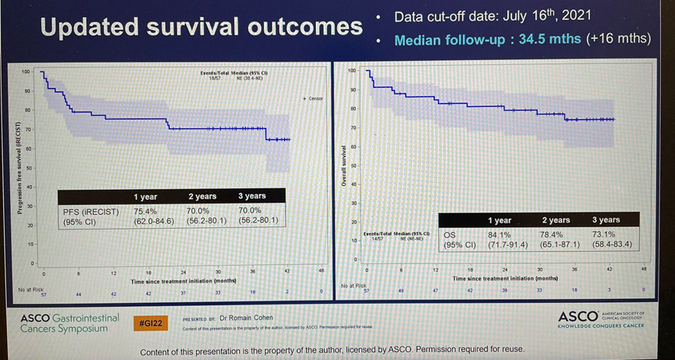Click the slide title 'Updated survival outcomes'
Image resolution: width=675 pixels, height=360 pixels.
(x=201, y=28)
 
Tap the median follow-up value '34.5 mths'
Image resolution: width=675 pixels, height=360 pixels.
(x=549, y=39)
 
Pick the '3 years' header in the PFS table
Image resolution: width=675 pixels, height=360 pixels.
(x=251, y=196)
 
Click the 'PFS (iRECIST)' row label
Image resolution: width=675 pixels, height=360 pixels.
(x=91, y=211)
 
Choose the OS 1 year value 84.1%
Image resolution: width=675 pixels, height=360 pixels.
(x=499, y=233)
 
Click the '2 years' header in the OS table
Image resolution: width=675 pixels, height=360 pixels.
(x=556, y=219)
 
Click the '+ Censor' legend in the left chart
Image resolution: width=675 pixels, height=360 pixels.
(x=312, y=98)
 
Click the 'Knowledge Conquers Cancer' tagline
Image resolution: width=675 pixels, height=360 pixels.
(x=601, y=326)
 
